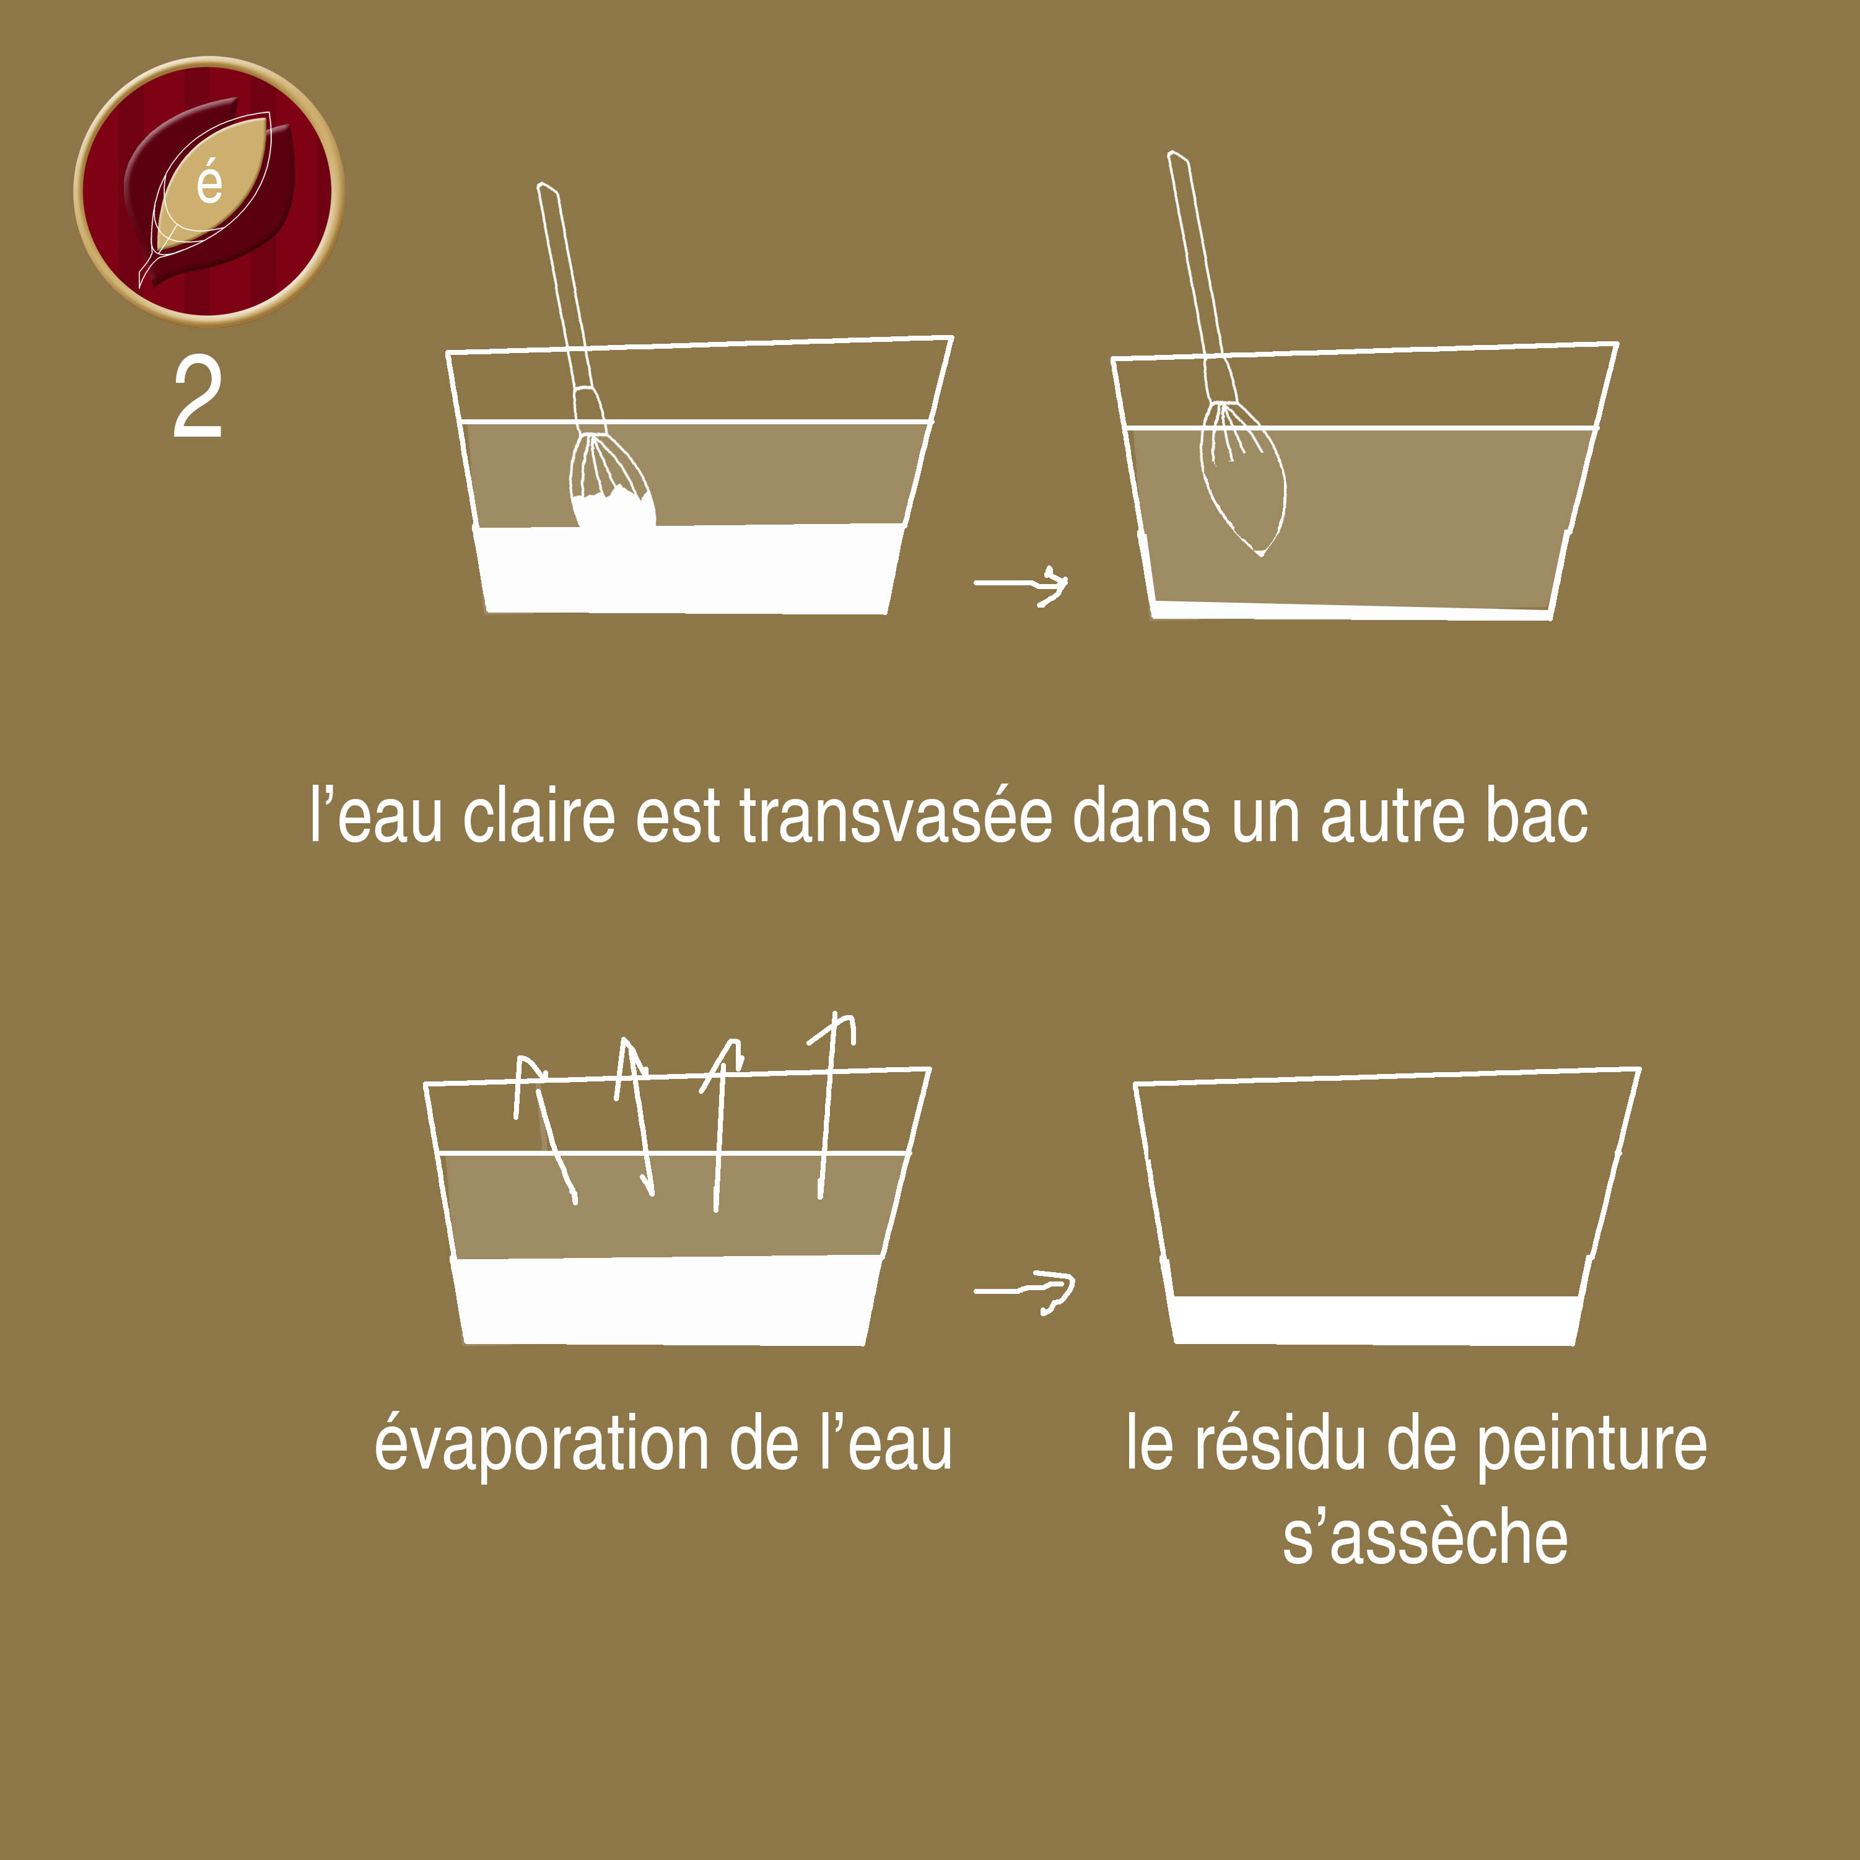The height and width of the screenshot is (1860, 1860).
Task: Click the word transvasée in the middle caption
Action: [896, 816]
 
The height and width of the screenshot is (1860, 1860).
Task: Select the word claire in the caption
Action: [539, 816]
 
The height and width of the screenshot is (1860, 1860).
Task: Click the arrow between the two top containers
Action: [1021, 583]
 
